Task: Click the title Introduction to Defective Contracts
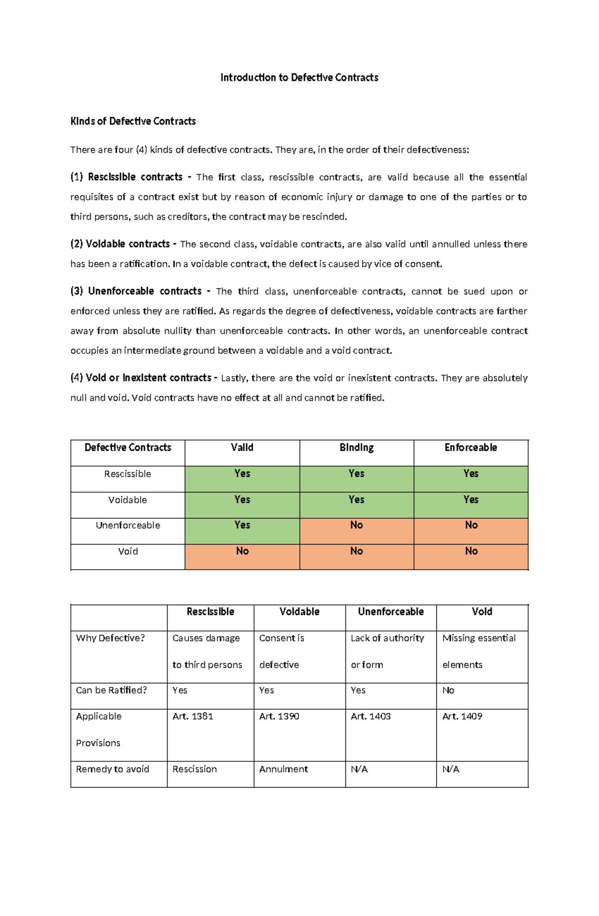[x=299, y=77]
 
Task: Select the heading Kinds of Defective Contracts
[x=133, y=121]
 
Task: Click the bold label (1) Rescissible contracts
[x=127, y=177]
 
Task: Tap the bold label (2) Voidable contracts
[x=120, y=244]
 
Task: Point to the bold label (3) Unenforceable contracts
[x=136, y=291]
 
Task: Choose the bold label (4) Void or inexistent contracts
[x=141, y=378]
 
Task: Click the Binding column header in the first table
[x=356, y=448]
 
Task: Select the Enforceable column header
[x=471, y=448]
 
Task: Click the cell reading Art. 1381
[x=193, y=716]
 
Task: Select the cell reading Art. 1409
[x=462, y=716]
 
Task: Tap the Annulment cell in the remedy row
[x=284, y=769]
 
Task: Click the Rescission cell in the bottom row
[x=195, y=769]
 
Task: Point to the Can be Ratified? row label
[x=111, y=690]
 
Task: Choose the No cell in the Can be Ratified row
[x=448, y=690]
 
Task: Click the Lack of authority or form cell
[x=387, y=651]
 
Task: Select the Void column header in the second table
[x=482, y=612]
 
